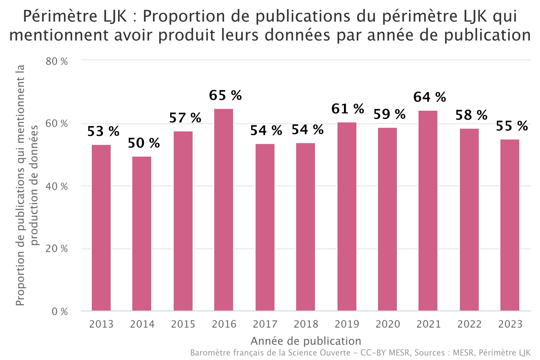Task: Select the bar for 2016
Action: [x=224, y=210]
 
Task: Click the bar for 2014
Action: [x=142, y=233]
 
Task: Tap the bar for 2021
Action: [x=428, y=211]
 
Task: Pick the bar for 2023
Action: [x=510, y=225]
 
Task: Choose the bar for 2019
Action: [x=347, y=216]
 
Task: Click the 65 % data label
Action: [x=225, y=95]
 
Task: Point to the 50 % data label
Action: [x=143, y=143]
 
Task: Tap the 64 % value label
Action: [x=429, y=97]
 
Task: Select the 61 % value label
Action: [x=348, y=109]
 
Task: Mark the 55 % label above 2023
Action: [x=511, y=126]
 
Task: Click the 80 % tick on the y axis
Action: [x=57, y=61]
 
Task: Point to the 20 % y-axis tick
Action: [x=57, y=249]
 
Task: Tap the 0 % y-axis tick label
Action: [x=60, y=311]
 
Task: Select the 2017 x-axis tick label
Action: [x=265, y=324]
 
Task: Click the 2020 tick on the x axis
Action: [x=388, y=324]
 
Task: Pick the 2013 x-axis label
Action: [x=101, y=324]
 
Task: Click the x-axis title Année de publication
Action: [x=306, y=341]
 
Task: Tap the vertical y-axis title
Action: [x=27, y=185]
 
